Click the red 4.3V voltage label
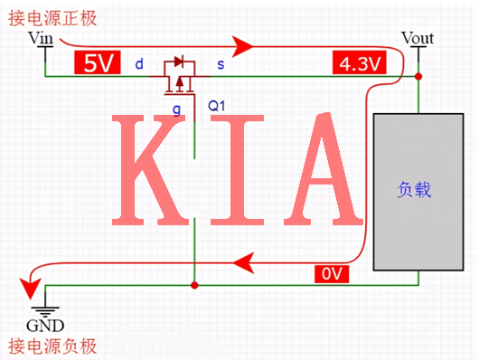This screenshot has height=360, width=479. click(360, 64)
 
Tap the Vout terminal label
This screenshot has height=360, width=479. click(417, 38)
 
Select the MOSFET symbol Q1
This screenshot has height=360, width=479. click(180, 77)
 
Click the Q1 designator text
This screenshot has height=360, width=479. click(217, 106)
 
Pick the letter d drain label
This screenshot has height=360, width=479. click(138, 64)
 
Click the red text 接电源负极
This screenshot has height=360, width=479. click(52, 346)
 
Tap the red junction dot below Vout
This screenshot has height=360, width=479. click(418, 77)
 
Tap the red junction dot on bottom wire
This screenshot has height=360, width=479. click(194, 285)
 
